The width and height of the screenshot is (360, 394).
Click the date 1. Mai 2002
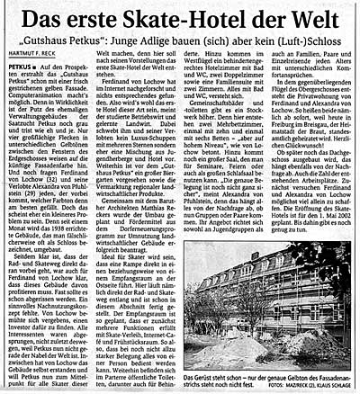pyautogui.click(x=328, y=237)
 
